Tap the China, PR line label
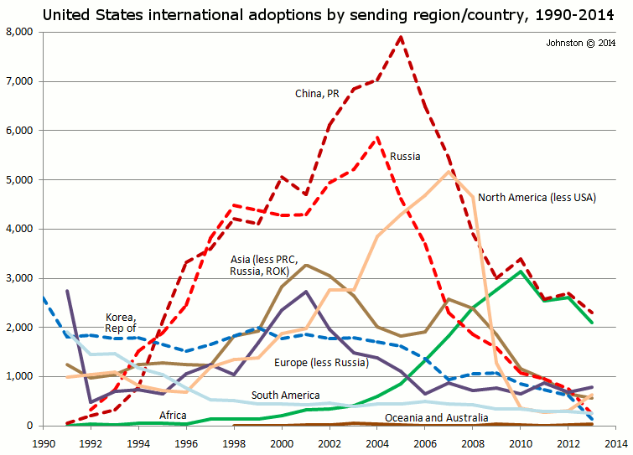tap(317, 93)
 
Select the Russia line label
tap(405, 156)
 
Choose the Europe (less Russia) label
tap(321, 363)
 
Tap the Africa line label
tap(173, 415)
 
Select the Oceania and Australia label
tap(435, 416)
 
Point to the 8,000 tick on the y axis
tap(18, 32)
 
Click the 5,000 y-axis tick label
tap(18, 180)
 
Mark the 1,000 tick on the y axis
tap(18, 377)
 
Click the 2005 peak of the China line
tap(402, 36)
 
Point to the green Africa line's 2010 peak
tap(521, 271)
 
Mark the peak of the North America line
tap(449, 171)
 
